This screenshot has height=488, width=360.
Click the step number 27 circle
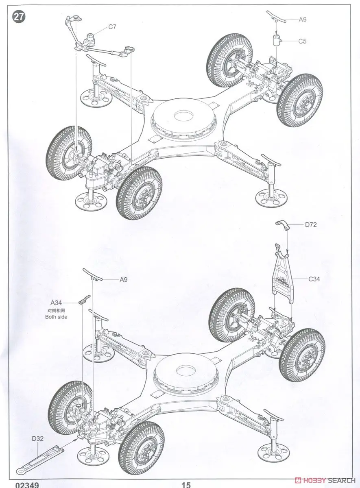tap(19, 17)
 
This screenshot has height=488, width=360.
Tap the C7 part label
tap(113, 27)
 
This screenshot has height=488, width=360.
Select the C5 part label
tap(302, 41)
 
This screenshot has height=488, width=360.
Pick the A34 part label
tap(56, 303)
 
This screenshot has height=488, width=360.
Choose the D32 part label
tap(38, 438)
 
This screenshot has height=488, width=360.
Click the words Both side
tap(56, 317)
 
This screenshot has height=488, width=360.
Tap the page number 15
tap(186, 485)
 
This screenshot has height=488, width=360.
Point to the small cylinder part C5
tap(277, 41)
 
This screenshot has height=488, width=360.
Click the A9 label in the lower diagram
tap(124, 279)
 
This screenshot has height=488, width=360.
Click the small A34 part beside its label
tap(83, 301)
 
